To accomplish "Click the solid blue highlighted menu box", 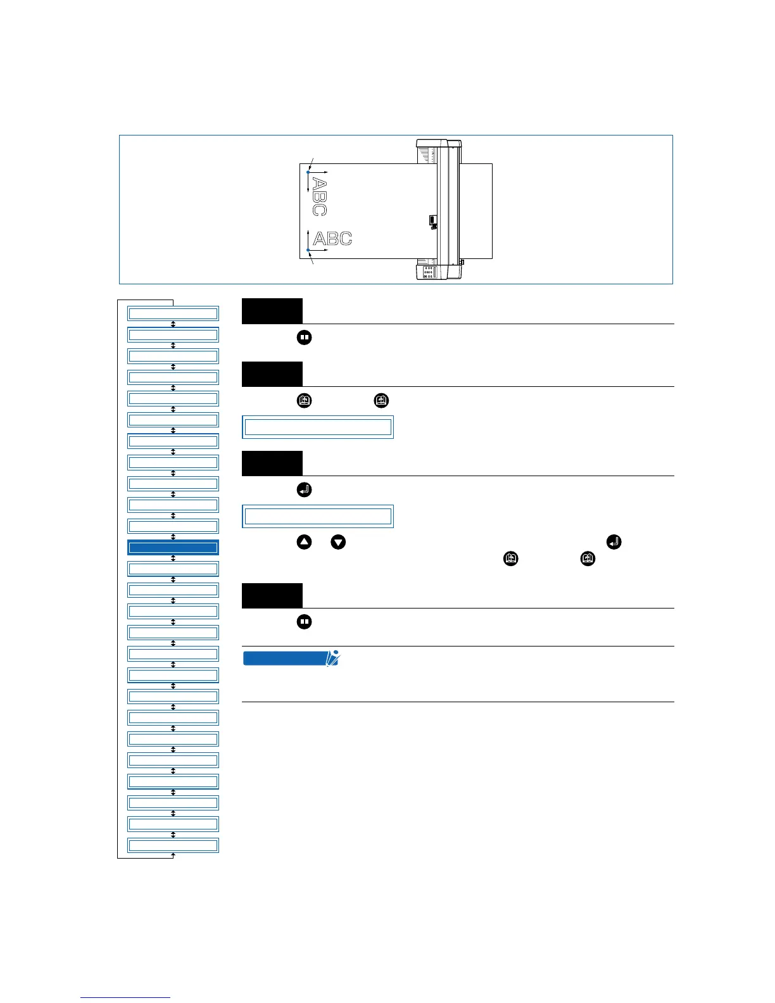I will [x=173, y=547].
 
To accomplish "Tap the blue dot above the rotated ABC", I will [x=308, y=172].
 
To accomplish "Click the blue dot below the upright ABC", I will [x=308, y=250].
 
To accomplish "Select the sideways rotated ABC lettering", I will [x=320, y=197].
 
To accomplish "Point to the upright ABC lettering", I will [x=332, y=239].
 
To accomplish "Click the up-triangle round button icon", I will [x=304, y=542].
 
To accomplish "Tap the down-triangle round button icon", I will [x=338, y=542].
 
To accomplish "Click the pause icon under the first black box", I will [x=304, y=337].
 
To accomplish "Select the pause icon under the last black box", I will [x=304, y=622].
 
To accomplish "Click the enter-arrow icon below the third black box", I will [x=304, y=489].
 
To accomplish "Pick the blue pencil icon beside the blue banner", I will [x=332, y=658].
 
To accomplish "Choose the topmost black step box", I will [x=272, y=311].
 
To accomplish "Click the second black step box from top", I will [x=272, y=374].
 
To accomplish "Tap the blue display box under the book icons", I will [x=318, y=427].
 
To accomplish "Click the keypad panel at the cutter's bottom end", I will [x=429, y=272].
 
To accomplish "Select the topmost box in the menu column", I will [x=173, y=313].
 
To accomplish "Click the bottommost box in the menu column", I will [x=173, y=845].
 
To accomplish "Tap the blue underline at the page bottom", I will [x=125, y=997].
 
